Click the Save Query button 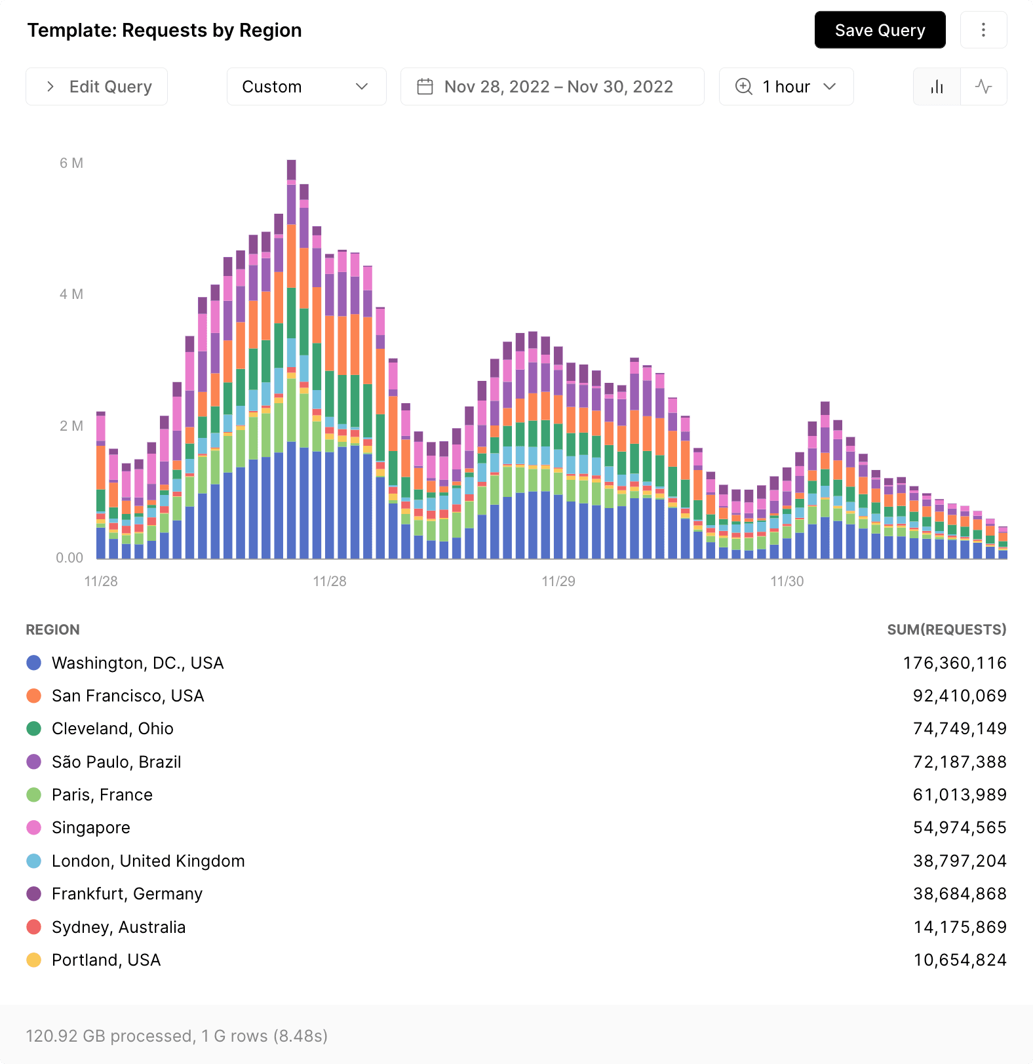click(880, 30)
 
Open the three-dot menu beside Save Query click(983, 30)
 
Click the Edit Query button click(97, 87)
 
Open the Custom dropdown click(306, 87)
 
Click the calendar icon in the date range click(425, 87)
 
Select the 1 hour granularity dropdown click(786, 87)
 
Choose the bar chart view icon click(937, 87)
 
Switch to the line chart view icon click(983, 87)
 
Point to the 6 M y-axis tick click(71, 163)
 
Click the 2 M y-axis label click(71, 426)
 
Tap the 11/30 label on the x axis click(787, 581)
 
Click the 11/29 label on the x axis click(558, 581)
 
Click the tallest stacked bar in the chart click(291, 361)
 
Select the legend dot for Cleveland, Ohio click(34, 728)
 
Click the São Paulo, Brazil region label click(116, 762)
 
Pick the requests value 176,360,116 click(954, 663)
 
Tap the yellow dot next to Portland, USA click(34, 960)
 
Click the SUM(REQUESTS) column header click(946, 629)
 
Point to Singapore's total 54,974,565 click(960, 827)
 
